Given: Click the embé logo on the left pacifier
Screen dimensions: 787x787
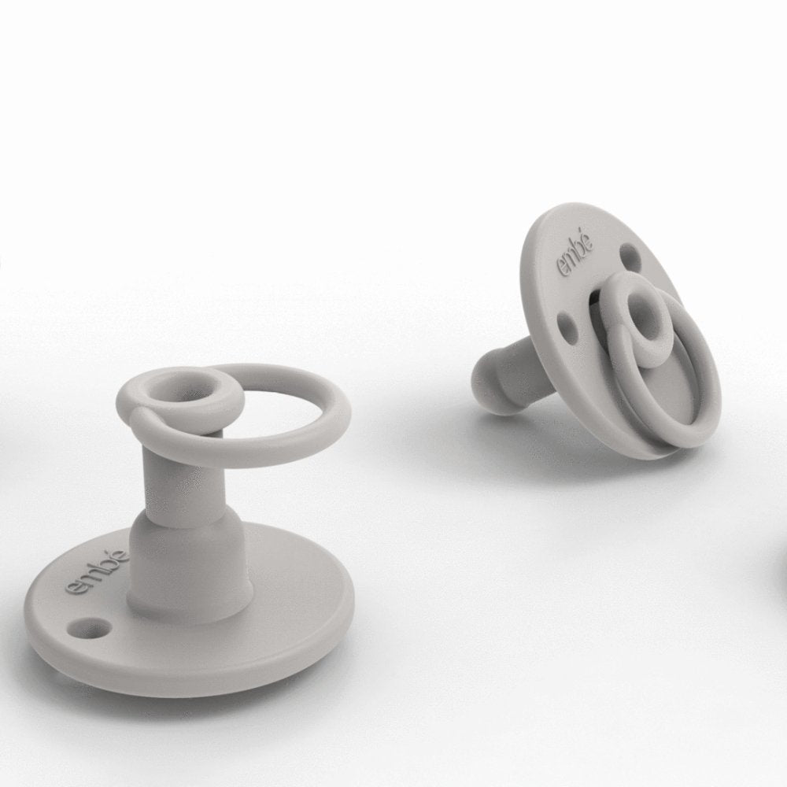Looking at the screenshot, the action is pos(98,571).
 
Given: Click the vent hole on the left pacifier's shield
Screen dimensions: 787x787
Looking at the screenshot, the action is pos(91,625).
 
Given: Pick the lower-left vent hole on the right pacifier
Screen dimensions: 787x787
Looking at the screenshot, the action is pos(566,321).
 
